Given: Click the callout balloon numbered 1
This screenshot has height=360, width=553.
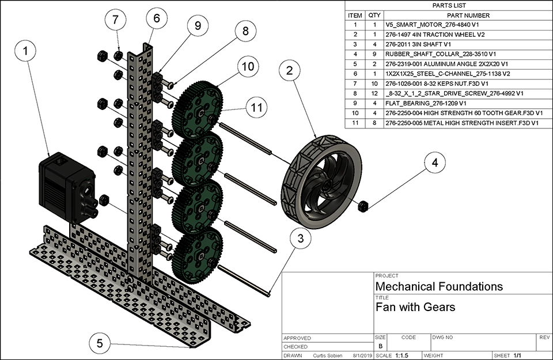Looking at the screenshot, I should pos(25,51).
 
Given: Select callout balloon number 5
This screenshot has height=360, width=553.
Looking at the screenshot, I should pos(100,344).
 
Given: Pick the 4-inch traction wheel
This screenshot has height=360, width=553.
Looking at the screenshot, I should pos(321,178).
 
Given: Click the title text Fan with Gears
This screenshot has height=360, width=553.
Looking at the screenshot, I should pos(415,307).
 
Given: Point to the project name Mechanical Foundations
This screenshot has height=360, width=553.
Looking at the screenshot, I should pos(439,286).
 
